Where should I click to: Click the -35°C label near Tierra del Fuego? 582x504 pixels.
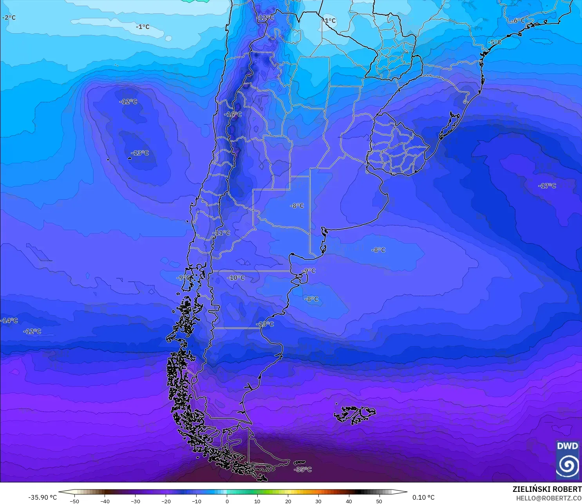pyautogui.click(x=303, y=469)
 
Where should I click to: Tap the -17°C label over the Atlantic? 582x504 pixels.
pyautogui.click(x=547, y=186)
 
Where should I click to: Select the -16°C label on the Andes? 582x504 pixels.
pyautogui.click(x=233, y=114)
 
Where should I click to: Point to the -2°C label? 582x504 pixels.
pyautogui.click(x=9, y=18)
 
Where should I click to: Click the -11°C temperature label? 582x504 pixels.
pyautogui.click(x=221, y=233)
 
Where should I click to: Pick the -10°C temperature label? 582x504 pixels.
pyautogui.click(x=236, y=278)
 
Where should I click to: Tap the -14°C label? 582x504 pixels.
pyautogui.click(x=9, y=320)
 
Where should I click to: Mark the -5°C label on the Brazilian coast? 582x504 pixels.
pyautogui.click(x=494, y=42)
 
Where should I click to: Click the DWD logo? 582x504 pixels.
pyautogui.click(x=568, y=460)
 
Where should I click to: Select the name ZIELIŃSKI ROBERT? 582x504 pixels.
pyautogui.click(x=547, y=489)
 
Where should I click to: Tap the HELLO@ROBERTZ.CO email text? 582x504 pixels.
pyautogui.click(x=549, y=498)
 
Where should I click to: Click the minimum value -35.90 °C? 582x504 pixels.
pyautogui.click(x=42, y=497)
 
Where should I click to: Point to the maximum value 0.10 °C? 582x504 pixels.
pyautogui.click(x=423, y=497)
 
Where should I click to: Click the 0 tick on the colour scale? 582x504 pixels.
pyautogui.click(x=227, y=501)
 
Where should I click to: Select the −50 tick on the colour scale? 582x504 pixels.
pyautogui.click(x=74, y=501)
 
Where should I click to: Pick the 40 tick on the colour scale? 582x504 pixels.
pyautogui.click(x=349, y=501)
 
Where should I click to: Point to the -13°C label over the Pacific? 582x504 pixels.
pyautogui.click(x=140, y=153)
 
